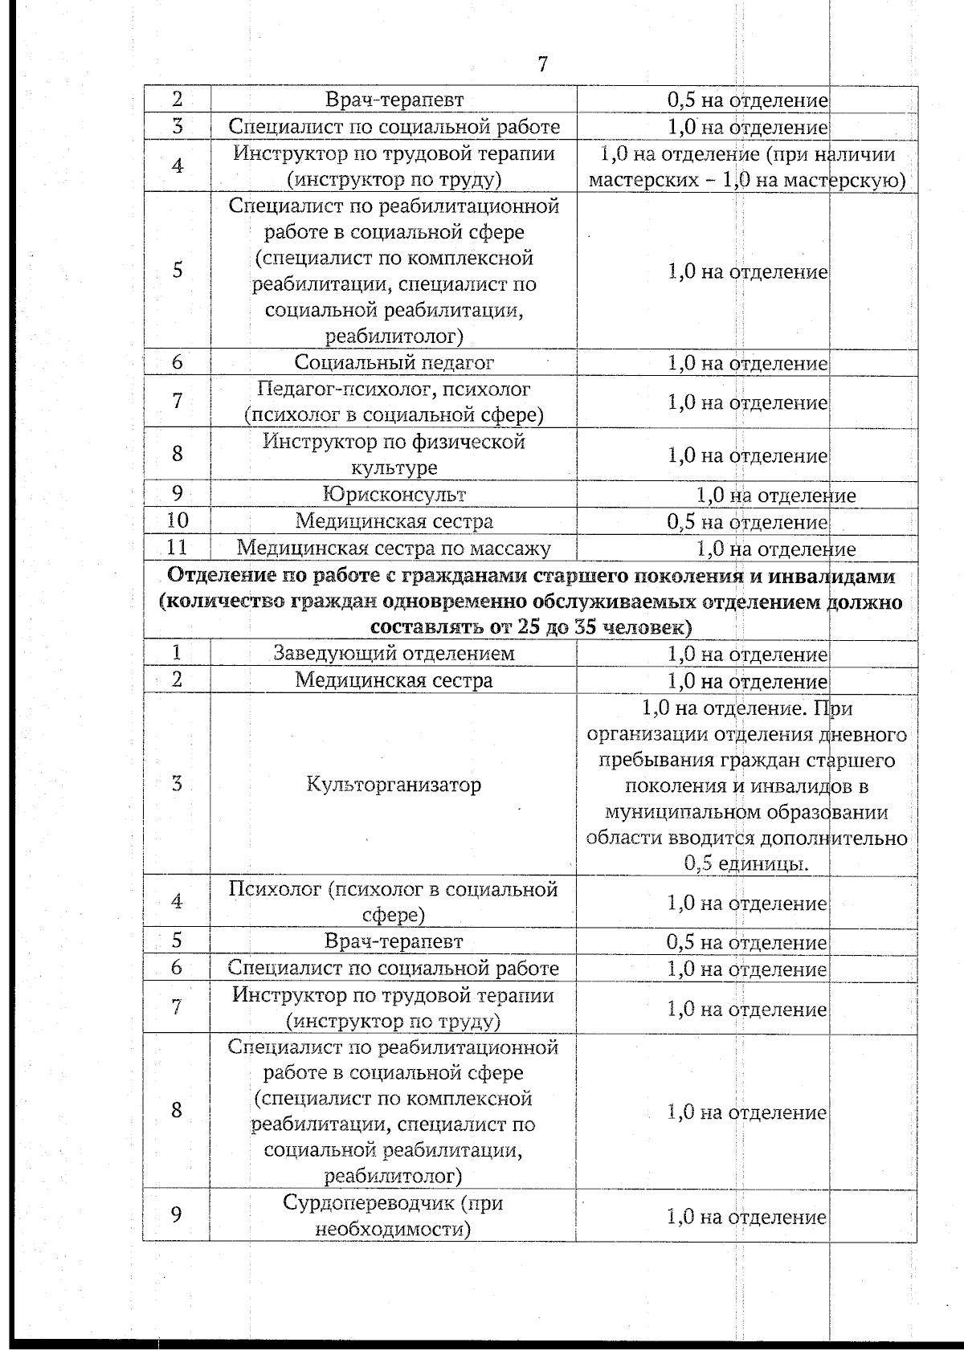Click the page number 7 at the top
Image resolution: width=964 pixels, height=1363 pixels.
pos(543,64)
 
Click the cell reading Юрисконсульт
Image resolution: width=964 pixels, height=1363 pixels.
pos(394,494)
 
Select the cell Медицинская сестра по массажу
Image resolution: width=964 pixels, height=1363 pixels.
pos(394,549)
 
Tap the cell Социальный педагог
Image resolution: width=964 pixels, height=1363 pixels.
pos(394,362)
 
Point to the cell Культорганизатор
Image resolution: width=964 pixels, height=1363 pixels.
pos(394,784)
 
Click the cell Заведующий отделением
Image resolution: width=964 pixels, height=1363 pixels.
pos(394,653)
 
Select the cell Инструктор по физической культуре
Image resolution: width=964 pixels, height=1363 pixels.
pos(394,455)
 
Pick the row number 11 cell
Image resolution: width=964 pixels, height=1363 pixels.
pos(177,548)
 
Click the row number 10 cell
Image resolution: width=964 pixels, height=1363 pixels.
pos(177,520)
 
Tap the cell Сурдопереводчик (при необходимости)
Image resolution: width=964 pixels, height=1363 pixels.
pos(394,1216)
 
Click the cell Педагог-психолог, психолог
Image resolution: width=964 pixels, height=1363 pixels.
pos(394,402)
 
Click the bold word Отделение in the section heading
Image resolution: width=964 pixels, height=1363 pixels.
pos(214,576)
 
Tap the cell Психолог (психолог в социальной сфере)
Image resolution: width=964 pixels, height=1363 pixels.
pos(394,901)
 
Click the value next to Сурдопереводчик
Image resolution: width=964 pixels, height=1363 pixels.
pos(747,1217)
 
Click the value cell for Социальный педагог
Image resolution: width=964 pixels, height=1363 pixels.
pos(747,363)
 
